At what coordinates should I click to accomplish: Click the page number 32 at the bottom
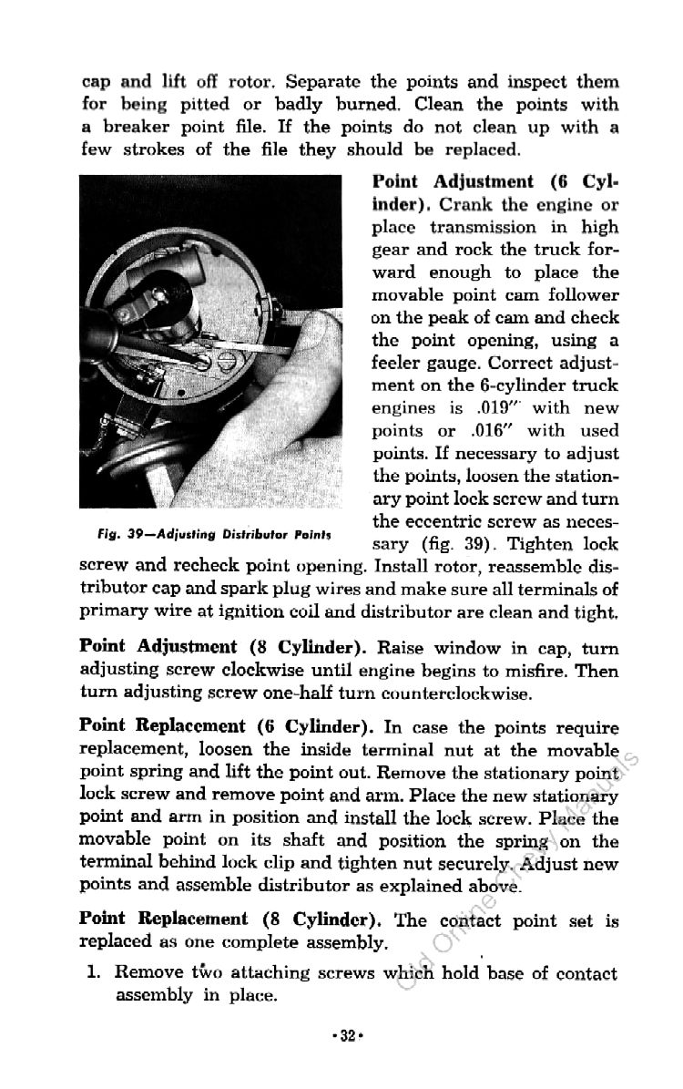342,1036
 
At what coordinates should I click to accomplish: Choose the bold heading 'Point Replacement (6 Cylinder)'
223,726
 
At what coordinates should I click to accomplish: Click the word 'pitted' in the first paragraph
195,104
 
